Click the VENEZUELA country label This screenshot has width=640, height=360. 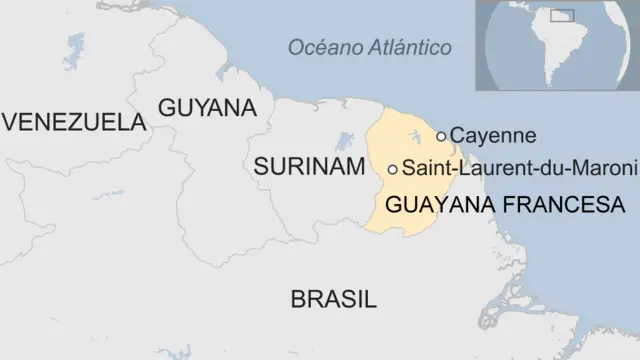[74, 122]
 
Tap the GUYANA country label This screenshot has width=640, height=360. [208, 107]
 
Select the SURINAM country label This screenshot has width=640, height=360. [308, 167]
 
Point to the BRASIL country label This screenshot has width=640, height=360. [333, 298]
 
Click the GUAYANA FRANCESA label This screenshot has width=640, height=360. [504, 205]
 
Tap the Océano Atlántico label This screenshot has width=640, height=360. [369, 47]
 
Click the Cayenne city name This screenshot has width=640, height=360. [493, 135]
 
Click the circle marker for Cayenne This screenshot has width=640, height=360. [442, 136]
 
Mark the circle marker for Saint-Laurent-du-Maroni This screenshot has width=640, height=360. [393, 169]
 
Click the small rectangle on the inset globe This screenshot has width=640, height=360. [564, 16]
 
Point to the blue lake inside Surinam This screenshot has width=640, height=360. [346, 140]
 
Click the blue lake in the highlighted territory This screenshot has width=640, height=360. [412, 137]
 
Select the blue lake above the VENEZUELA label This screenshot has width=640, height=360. [74, 46]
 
